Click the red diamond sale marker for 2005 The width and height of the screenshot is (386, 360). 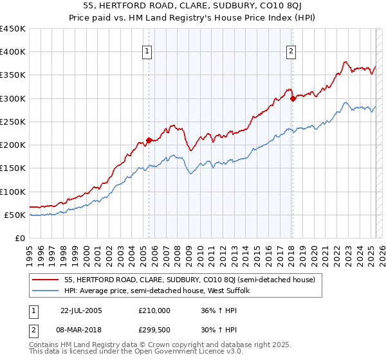[x=149, y=139]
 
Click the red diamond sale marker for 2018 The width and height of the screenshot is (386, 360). [x=292, y=98]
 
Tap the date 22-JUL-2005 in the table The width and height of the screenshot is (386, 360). [x=80, y=310]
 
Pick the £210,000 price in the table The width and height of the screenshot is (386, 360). [x=154, y=310]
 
